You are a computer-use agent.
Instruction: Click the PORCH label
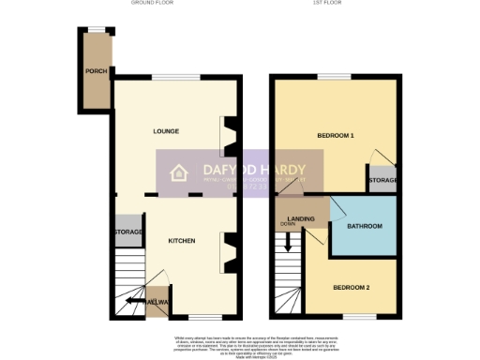(x=95, y=71)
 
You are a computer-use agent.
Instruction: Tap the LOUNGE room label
(x=166, y=130)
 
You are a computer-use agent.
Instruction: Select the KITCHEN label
(x=181, y=241)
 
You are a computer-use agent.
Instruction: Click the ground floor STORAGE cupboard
(x=127, y=232)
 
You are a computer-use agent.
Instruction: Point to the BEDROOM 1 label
(x=335, y=136)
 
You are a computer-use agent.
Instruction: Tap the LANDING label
(x=301, y=219)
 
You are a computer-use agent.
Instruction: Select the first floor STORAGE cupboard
(x=382, y=180)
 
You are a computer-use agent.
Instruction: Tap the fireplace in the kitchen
(x=227, y=250)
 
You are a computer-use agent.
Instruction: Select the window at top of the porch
(x=95, y=31)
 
